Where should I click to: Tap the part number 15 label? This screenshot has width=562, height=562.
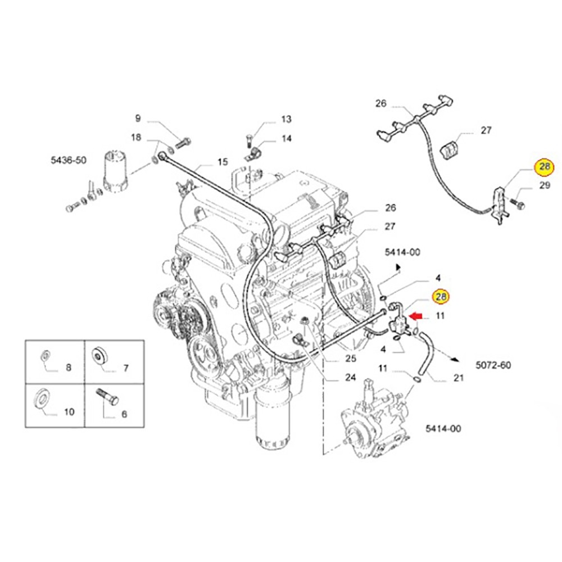[223, 162]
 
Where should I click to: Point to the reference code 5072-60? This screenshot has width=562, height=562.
[493, 365]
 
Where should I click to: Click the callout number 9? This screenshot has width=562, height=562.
[138, 118]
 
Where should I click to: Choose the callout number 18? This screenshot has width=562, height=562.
[137, 137]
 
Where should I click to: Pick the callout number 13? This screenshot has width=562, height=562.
[286, 119]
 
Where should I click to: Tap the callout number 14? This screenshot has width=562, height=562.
[286, 138]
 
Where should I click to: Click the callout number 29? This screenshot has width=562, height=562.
[545, 185]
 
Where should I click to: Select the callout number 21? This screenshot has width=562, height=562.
[459, 378]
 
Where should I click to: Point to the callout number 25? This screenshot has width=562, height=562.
[350, 359]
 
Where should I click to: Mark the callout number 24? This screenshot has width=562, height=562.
[350, 378]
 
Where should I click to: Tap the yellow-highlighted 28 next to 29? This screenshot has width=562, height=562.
[545, 167]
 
